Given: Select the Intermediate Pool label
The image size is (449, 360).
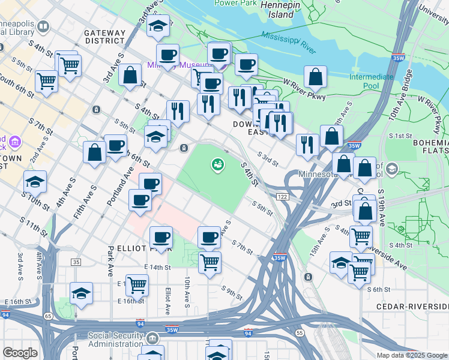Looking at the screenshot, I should pos(372,82).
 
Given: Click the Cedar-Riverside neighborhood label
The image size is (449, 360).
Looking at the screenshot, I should pos(412,306).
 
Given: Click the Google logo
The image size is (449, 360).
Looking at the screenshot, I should pos(20,353).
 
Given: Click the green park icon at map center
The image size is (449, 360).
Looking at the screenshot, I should pos(217,163).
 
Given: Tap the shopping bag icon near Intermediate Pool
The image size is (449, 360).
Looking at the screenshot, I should pos(315,77).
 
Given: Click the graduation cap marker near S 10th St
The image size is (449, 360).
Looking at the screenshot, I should pos(35,181).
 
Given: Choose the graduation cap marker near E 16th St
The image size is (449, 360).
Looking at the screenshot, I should pos(81,293).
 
